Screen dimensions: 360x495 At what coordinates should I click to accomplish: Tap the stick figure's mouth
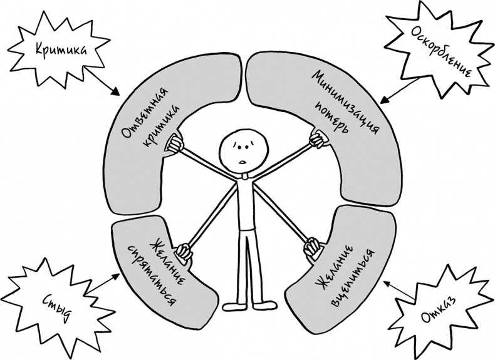(241, 163)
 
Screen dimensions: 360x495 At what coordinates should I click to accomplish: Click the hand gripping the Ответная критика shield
(174, 143)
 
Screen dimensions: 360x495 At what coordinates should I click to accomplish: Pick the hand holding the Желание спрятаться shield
(184, 251)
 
